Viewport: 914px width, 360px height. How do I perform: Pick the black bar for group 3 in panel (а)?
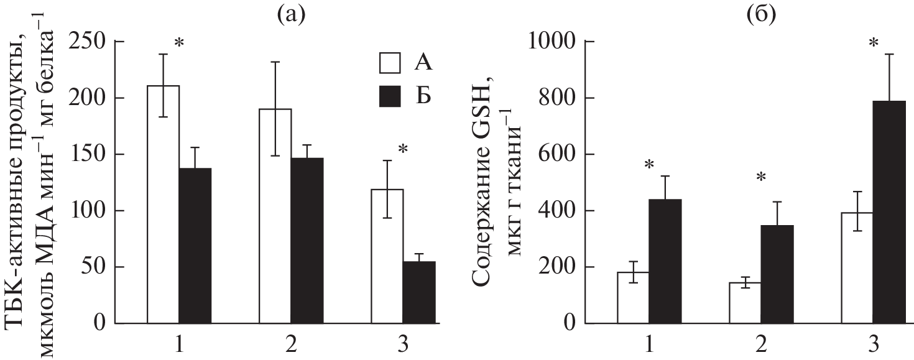419,293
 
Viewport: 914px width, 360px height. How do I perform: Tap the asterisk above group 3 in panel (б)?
874,44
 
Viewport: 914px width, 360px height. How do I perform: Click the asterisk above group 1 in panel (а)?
179,44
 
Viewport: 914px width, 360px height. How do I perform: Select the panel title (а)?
291,13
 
